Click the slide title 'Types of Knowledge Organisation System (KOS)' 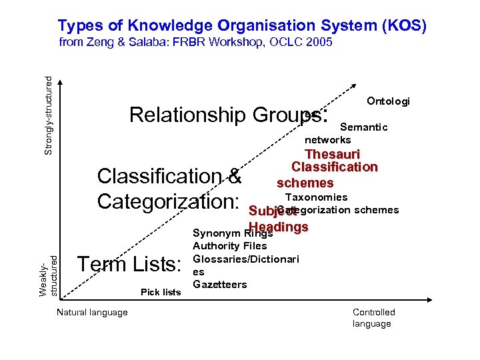(241, 25)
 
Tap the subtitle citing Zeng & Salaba (195, 43)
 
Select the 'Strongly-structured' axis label (48, 115)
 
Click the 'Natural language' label (93, 312)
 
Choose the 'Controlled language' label (373, 318)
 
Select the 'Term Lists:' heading (130, 265)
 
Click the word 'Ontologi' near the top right (388, 101)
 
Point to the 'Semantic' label (363, 127)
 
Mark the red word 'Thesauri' (332, 155)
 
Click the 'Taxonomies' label (316, 197)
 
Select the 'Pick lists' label (161, 292)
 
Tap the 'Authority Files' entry (229, 246)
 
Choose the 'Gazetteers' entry (219, 284)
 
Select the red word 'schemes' (305, 183)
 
